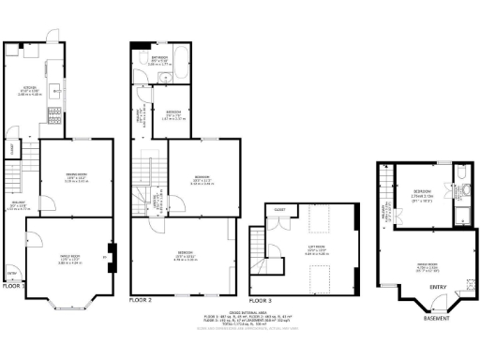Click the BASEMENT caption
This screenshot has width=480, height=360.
click(x=436, y=319)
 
